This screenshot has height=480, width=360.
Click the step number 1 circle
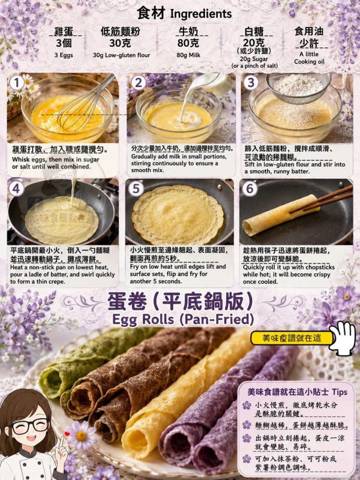[x=17, y=83]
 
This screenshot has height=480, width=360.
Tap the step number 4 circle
[x=16, y=188]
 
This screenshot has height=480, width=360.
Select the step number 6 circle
[x=250, y=188]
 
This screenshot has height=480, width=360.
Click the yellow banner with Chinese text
[x=292, y=338]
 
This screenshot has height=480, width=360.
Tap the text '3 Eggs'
[x=64, y=55]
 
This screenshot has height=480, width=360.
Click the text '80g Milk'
[x=188, y=55]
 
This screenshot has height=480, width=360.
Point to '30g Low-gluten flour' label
[x=122, y=55]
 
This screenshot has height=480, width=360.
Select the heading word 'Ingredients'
[x=201, y=14]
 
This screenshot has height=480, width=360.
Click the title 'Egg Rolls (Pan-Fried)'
[x=183, y=320]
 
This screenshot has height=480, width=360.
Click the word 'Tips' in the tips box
[x=340, y=392]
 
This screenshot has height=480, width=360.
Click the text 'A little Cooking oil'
[x=309, y=58]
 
